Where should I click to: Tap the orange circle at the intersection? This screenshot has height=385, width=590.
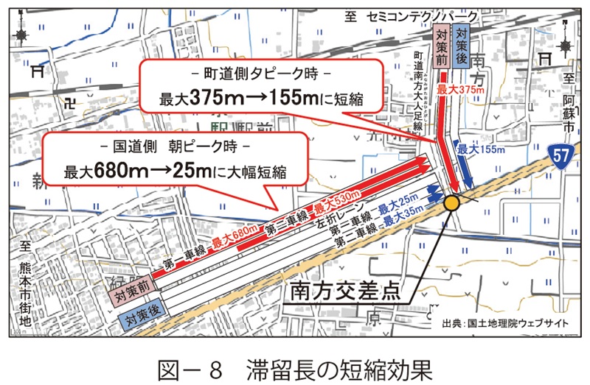click(x=451, y=202)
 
